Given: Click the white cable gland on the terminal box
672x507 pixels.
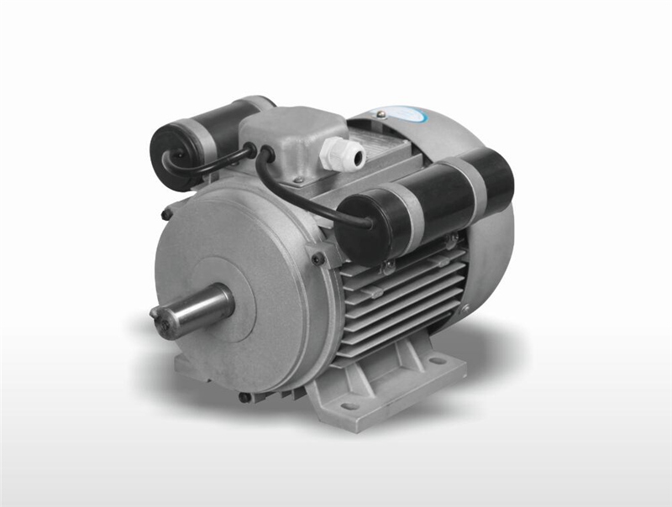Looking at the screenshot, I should (344, 154).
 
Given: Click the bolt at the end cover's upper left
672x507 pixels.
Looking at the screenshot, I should (167, 214).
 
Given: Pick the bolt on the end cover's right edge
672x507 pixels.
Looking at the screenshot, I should (318, 259).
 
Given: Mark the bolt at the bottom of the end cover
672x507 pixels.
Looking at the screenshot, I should (244, 396).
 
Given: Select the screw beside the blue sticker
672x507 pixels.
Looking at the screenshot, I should (381, 114).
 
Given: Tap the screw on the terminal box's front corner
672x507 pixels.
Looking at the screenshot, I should (297, 179).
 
